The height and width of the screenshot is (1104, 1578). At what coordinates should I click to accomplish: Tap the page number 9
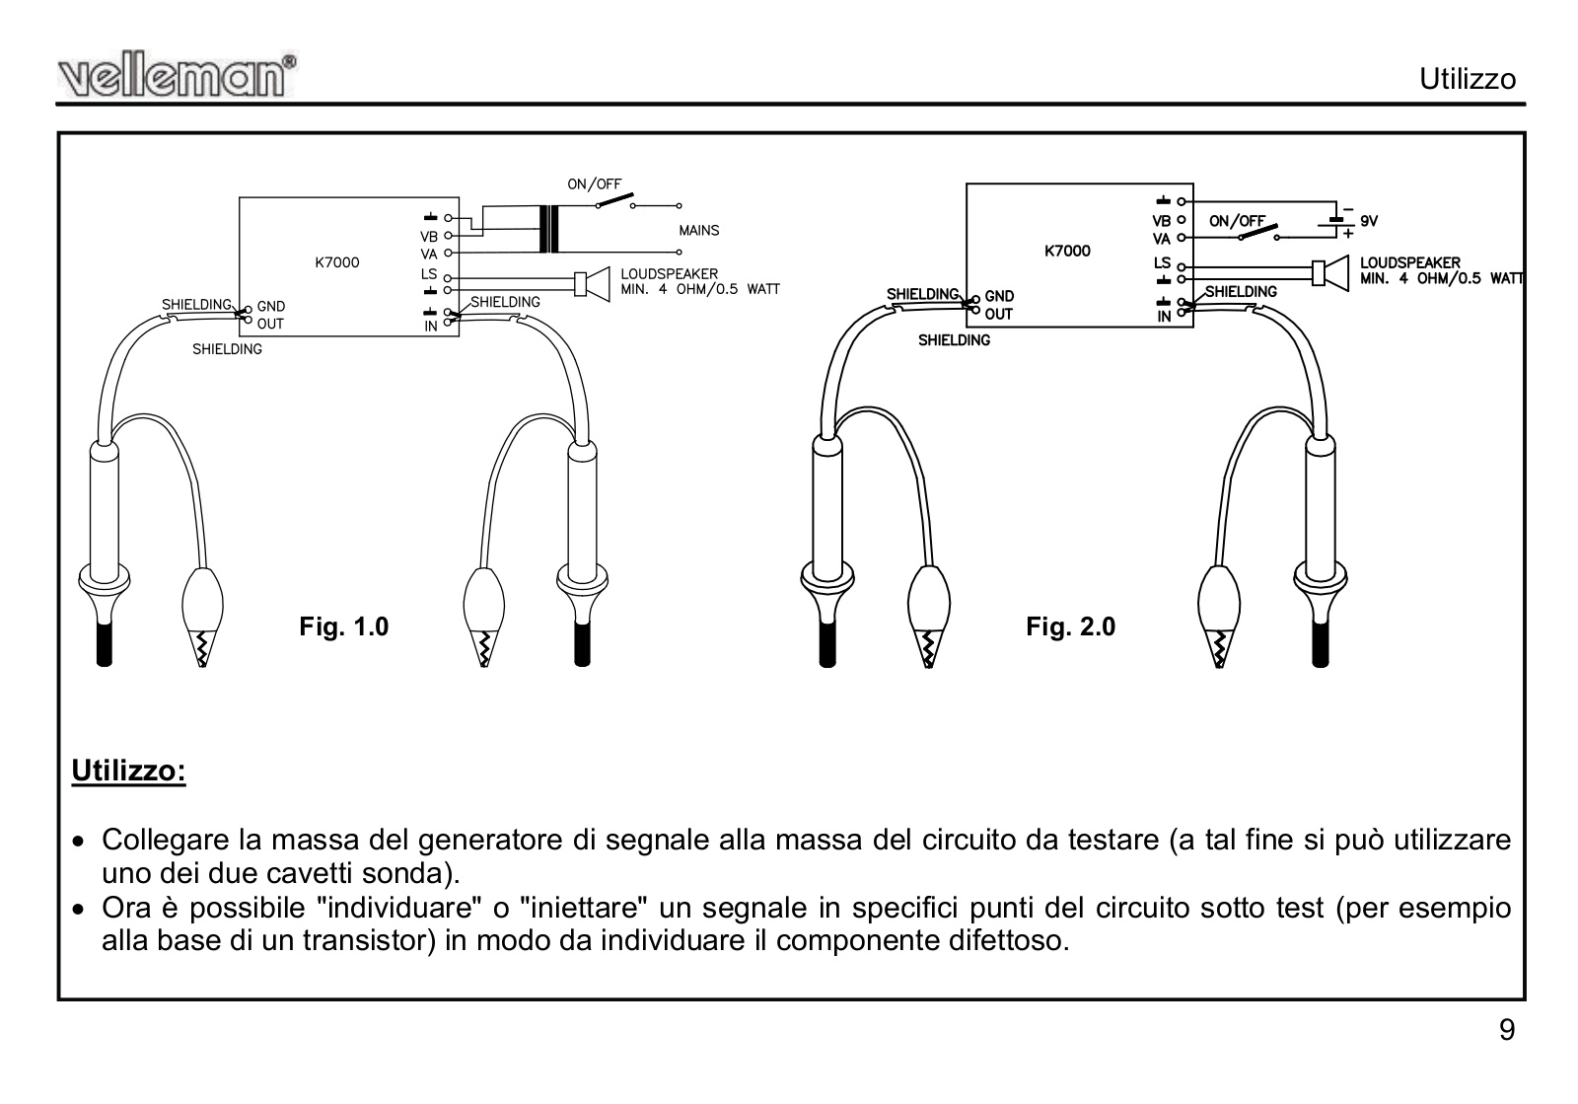1507,1030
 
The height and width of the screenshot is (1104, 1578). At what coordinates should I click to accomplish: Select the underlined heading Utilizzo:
128,771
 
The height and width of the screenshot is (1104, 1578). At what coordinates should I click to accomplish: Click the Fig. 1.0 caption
344,626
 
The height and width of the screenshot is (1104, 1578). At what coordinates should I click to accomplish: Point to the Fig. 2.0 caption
1070,626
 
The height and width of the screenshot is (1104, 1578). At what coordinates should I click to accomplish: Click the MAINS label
698,231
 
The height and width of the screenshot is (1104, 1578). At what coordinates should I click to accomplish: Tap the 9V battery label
1369,222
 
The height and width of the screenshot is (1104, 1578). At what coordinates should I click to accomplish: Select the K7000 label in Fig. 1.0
337,262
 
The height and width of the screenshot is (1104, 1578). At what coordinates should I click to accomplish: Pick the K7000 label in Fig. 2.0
1067,251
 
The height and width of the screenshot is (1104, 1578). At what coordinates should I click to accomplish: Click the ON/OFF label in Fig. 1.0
594,184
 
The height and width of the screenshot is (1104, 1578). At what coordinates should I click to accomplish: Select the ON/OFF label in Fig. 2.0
1237,222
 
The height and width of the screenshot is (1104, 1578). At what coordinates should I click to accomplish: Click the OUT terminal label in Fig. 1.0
270,324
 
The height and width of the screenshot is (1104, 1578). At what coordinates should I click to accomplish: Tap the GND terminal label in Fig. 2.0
999,296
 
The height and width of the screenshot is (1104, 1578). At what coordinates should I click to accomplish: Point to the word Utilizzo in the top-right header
1467,79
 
